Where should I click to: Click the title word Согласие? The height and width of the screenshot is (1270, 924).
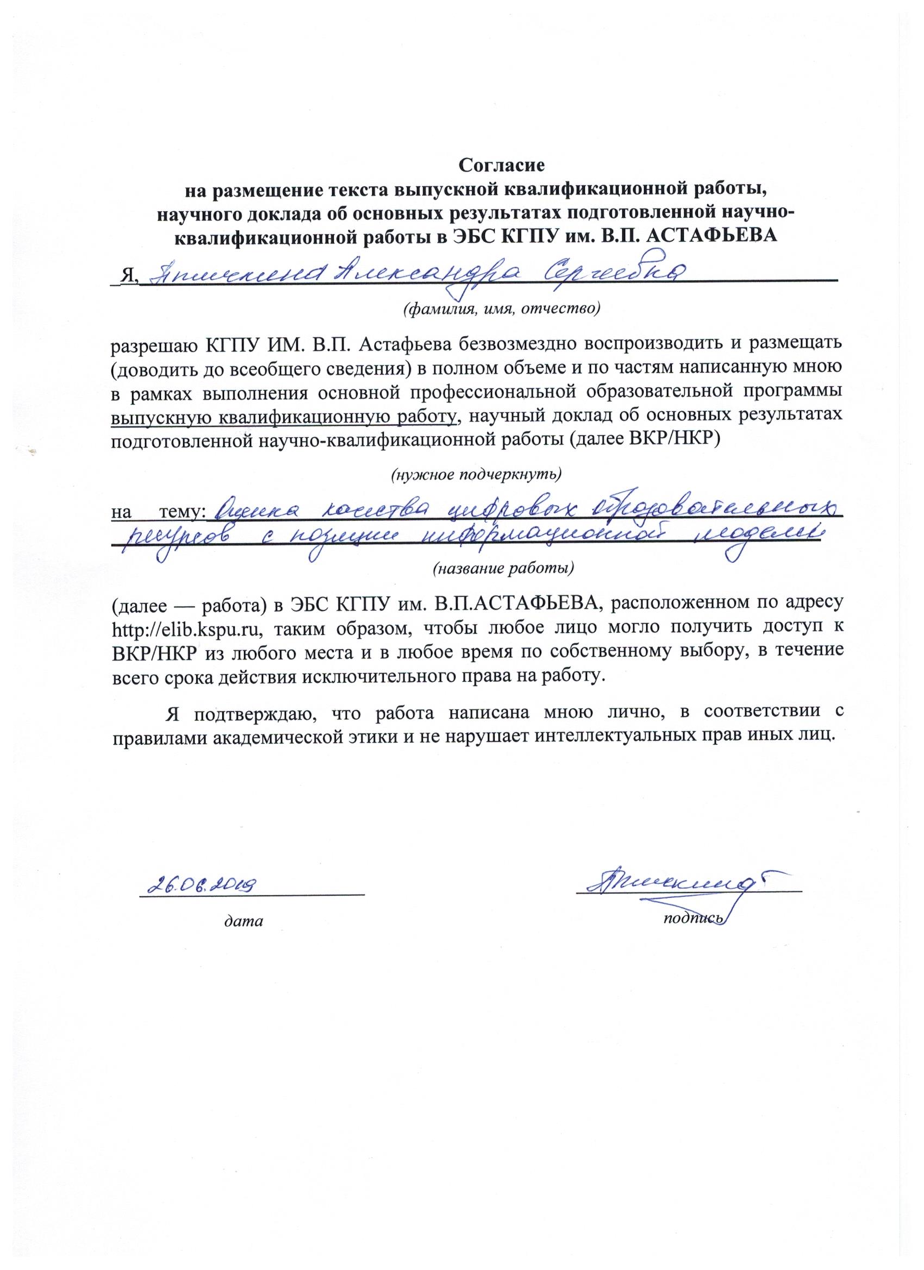point(501,166)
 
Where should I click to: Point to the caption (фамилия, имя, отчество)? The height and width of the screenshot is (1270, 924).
point(502,308)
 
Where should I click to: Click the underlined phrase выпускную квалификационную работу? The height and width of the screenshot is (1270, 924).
point(285,416)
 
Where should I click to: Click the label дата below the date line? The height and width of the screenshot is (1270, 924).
point(243,921)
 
